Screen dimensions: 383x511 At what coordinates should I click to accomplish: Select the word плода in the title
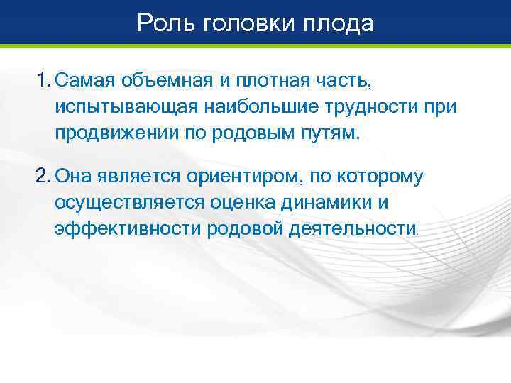coord(339,24)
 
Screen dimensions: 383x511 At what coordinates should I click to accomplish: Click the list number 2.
coord(43,175)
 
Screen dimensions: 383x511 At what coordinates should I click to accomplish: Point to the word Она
coord(73,175)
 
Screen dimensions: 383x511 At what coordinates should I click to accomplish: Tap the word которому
coord(378,175)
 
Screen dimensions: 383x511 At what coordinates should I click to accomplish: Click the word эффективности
coord(127,228)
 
